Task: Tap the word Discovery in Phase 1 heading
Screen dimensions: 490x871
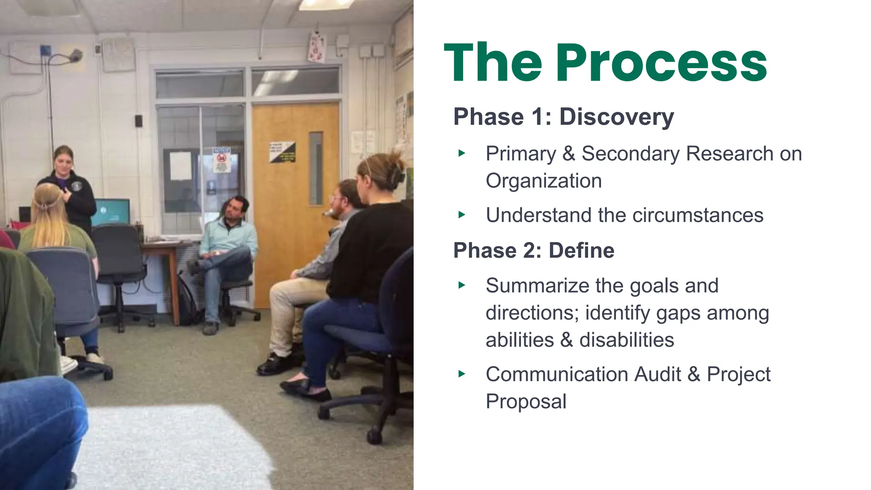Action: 616,117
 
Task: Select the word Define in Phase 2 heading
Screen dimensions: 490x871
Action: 581,251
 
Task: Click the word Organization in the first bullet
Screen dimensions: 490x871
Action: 544,181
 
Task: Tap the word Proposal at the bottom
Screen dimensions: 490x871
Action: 526,402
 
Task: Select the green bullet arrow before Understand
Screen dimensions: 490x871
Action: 462,215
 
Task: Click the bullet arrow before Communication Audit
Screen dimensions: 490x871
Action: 462,374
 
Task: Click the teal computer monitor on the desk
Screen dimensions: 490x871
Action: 111,212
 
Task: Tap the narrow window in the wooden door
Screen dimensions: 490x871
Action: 316,168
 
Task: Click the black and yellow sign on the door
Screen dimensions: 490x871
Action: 282,152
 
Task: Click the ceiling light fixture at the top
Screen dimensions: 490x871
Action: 325,4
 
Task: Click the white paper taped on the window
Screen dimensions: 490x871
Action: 181,166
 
